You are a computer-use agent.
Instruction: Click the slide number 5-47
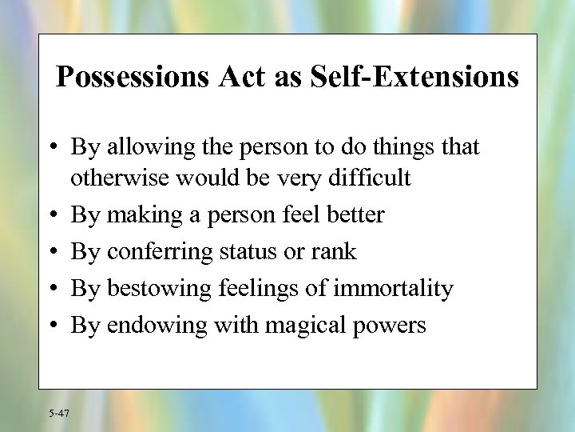pyautogui.click(x=58, y=413)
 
